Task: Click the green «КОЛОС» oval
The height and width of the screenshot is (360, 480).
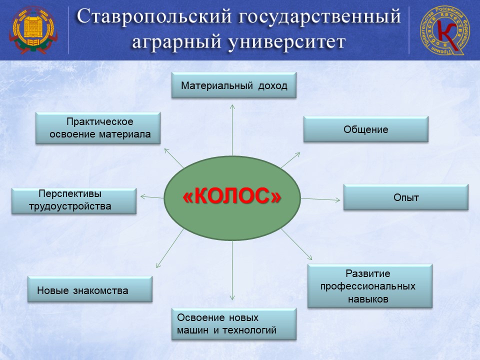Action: click(232, 198)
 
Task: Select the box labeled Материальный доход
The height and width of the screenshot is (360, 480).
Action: click(234, 85)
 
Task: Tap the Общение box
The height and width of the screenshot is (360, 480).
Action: click(366, 129)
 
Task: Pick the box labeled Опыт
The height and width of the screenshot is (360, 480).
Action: click(406, 197)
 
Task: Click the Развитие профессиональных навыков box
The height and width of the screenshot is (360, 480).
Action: click(370, 286)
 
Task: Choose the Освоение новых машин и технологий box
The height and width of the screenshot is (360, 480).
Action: click(234, 324)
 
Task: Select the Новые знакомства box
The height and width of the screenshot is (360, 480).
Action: click(90, 289)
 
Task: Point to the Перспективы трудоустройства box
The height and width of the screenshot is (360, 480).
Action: click(74, 201)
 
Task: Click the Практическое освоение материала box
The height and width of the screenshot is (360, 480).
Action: click(98, 128)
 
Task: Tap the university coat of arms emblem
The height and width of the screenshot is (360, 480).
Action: click(33, 30)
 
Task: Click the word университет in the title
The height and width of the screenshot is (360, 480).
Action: click(286, 42)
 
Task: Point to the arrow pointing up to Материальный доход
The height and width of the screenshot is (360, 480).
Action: click(232, 130)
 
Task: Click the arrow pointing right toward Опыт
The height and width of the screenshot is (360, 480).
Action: click(320, 199)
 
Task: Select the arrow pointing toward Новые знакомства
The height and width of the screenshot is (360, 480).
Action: click(170, 248)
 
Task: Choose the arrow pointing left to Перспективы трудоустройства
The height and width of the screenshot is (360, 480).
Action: click(152, 197)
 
